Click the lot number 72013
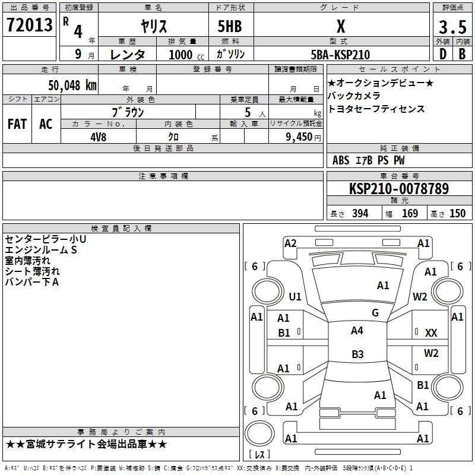[x=29, y=25]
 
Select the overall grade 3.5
[x=452, y=27]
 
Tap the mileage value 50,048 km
[x=72, y=85]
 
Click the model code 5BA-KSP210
[x=340, y=55]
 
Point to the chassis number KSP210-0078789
[x=399, y=188]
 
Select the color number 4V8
[x=98, y=137]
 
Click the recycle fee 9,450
[x=299, y=137]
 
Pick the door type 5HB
[x=230, y=26]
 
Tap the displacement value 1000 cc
[x=186, y=55]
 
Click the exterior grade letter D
[x=443, y=54]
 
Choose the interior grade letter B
[x=462, y=54]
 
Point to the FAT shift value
[x=17, y=124]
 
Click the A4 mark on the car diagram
[x=357, y=331]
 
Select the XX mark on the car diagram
[x=431, y=333]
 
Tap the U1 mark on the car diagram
[x=295, y=296]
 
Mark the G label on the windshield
[x=375, y=313]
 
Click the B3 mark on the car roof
[x=357, y=354]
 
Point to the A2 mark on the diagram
[x=290, y=243]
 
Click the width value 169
[x=410, y=213]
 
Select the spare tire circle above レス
[x=259, y=433]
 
